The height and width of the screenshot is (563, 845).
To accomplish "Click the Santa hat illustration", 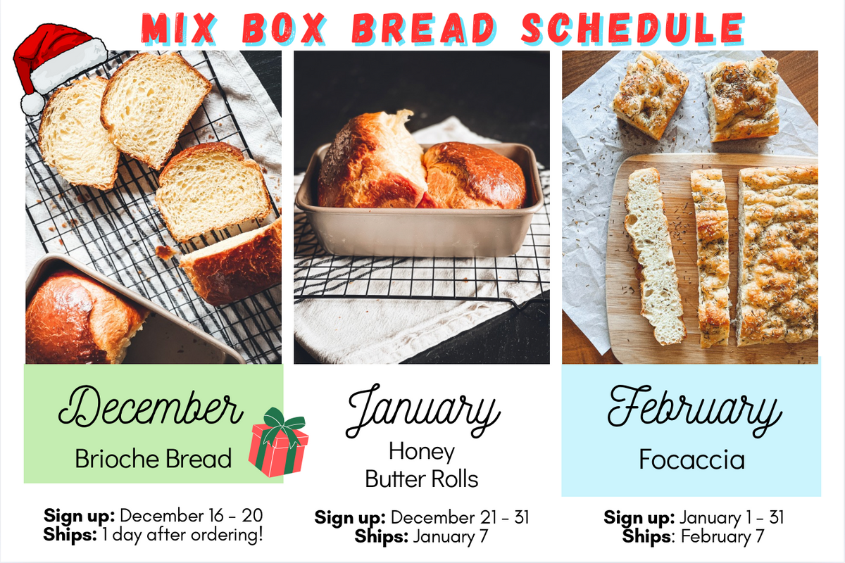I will (x=60, y=60).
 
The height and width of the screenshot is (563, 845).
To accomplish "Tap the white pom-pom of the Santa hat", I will (x=32, y=104).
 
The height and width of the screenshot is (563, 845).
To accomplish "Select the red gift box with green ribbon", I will (x=278, y=443).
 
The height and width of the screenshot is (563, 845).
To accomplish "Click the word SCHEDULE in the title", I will (x=632, y=28).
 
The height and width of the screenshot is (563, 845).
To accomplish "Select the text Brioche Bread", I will (x=154, y=460).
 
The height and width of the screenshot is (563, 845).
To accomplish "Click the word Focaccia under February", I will (x=691, y=460).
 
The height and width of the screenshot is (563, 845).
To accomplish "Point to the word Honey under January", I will (x=422, y=451).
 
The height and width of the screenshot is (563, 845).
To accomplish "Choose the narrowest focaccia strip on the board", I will (x=711, y=257).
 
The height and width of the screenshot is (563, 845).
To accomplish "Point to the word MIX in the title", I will (x=183, y=28).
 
